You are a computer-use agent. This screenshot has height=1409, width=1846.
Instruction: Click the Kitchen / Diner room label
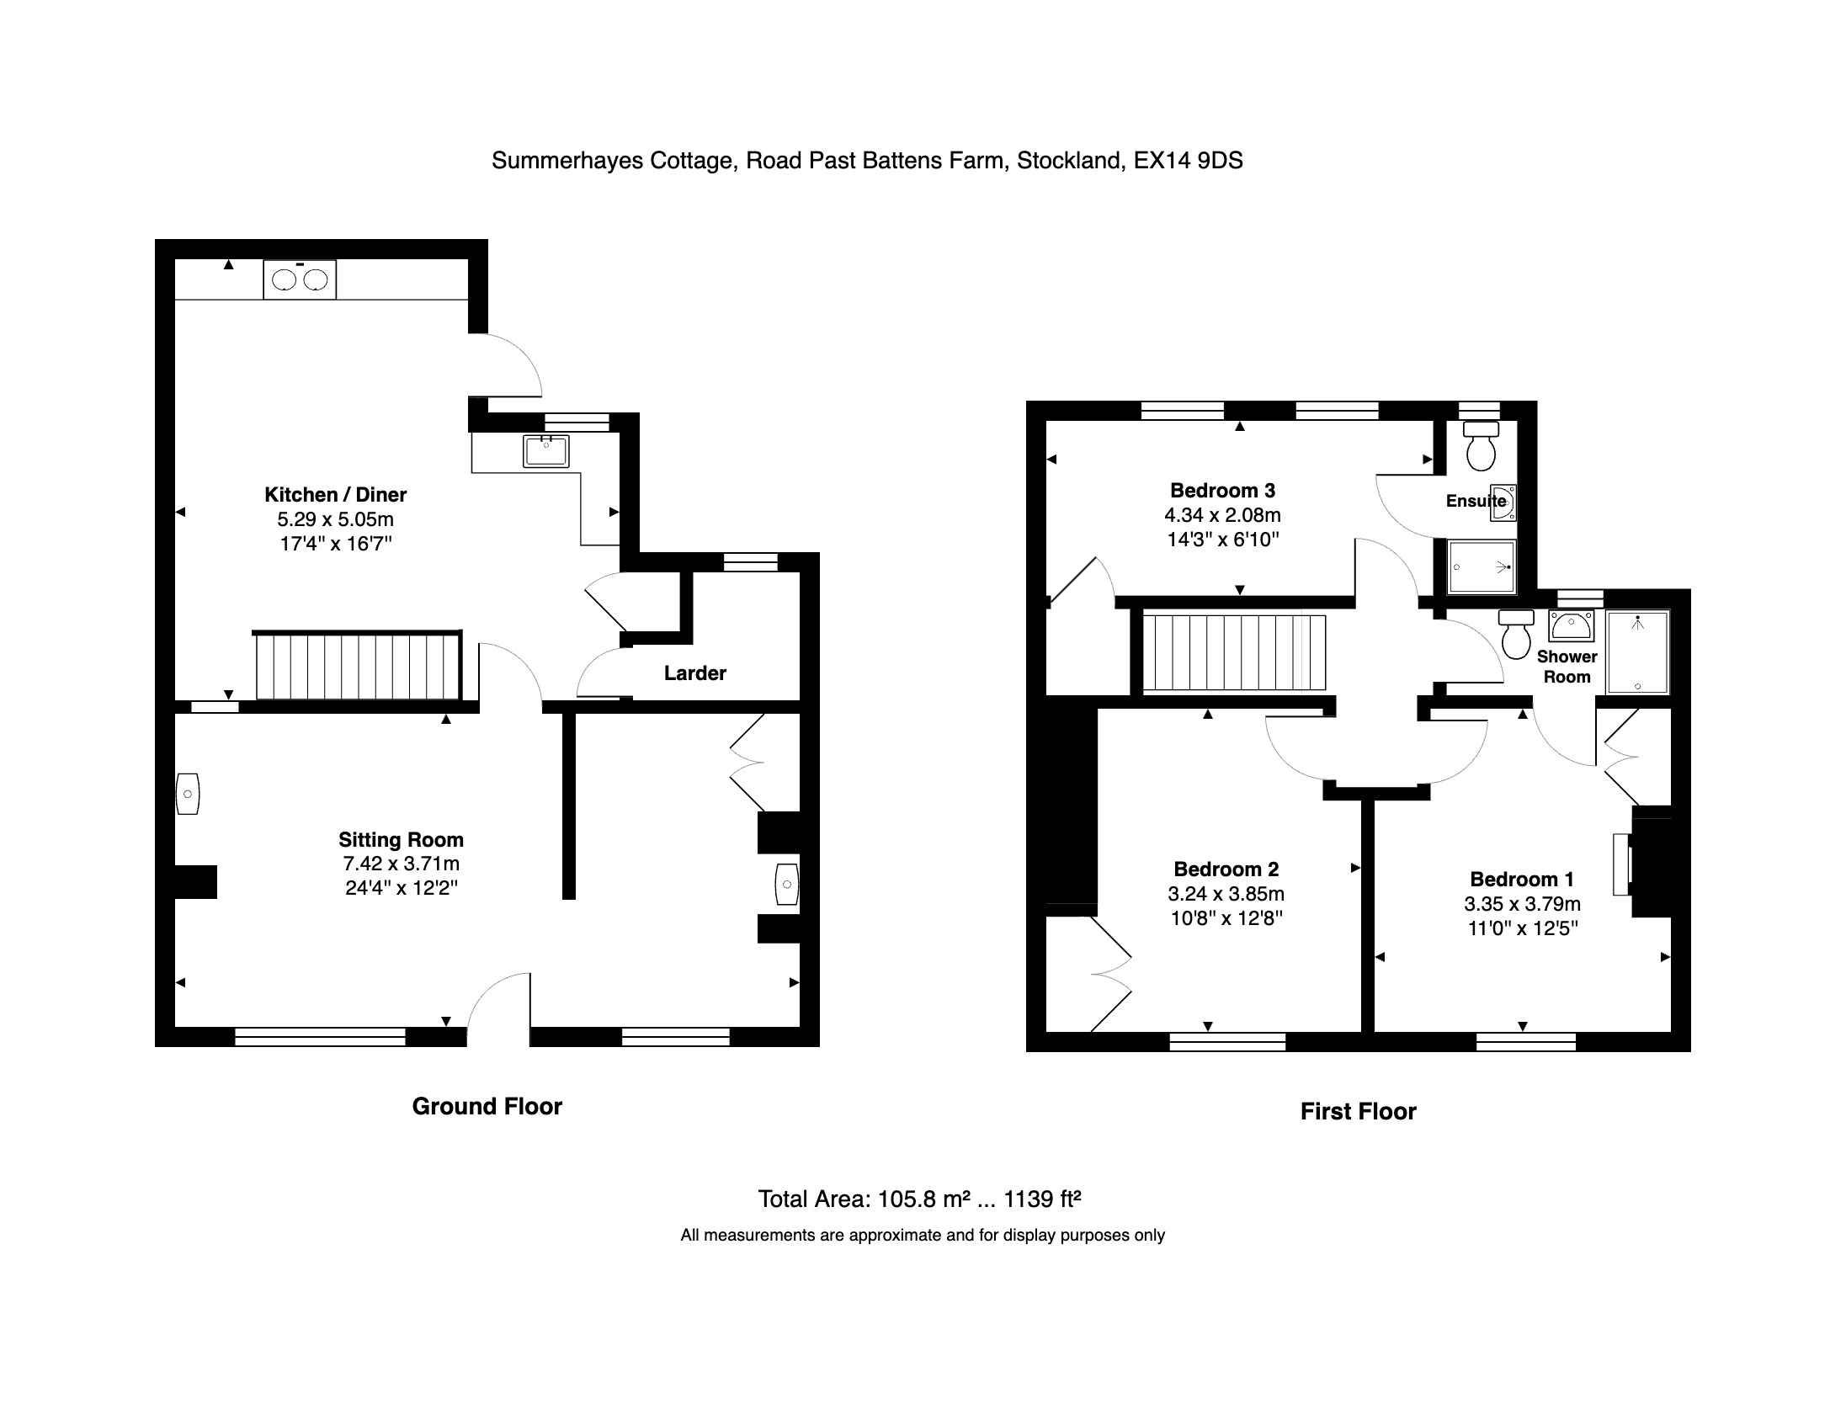(x=335, y=495)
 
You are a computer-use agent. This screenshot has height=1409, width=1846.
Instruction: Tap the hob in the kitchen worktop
(x=300, y=279)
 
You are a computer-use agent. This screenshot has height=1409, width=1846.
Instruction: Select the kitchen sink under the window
(x=545, y=450)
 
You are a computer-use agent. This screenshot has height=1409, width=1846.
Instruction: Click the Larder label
(x=694, y=673)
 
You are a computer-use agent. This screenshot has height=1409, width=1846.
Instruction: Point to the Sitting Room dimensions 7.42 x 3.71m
(x=401, y=864)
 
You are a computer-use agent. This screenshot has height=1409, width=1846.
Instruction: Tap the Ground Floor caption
(x=487, y=1107)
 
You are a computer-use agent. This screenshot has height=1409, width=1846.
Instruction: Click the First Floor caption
(x=1358, y=1112)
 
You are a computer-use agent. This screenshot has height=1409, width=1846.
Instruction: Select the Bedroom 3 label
(x=1222, y=491)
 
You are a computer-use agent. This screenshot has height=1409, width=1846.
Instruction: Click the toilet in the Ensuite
(x=1481, y=445)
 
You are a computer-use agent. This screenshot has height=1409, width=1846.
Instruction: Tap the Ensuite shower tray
(x=1481, y=567)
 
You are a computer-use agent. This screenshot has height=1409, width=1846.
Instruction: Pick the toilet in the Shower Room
(x=1516, y=634)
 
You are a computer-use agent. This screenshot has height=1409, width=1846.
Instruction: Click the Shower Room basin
(x=1571, y=626)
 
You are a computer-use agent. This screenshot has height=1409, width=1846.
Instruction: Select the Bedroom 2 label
(x=1226, y=869)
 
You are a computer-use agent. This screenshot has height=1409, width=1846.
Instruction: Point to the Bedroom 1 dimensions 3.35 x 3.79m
(x=1522, y=904)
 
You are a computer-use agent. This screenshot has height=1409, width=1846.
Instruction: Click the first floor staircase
(x=1233, y=652)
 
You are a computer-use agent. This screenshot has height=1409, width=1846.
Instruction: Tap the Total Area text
(x=919, y=1199)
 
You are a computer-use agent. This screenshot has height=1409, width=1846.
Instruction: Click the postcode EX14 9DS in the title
(x=1188, y=161)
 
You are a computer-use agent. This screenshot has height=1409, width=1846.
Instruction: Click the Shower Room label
(x=1567, y=667)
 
